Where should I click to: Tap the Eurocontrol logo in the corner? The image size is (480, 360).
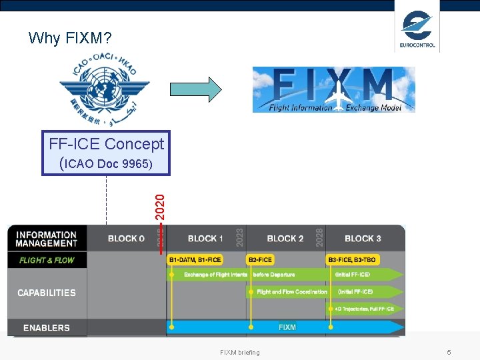[417, 29]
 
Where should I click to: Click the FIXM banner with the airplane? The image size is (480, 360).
[333, 89]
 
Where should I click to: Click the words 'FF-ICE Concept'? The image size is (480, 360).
[106, 143]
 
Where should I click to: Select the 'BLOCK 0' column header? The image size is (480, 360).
[126, 239]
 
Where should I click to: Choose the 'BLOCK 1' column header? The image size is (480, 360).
[205, 239]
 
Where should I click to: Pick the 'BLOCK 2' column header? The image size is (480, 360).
[285, 239]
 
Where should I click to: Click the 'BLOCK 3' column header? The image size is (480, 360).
[363, 239]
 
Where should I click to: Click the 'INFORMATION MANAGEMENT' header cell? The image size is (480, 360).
[46, 239]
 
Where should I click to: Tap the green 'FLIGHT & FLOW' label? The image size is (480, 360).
[47, 260]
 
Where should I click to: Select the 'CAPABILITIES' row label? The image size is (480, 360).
[47, 293]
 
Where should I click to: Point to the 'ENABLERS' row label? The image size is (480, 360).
[47, 327]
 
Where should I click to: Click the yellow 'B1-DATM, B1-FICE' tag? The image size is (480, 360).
[195, 260]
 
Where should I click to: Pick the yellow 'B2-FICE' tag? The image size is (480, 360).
[259, 260]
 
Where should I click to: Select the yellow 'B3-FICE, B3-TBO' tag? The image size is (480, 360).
[352, 260]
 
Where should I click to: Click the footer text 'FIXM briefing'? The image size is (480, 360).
[240, 352]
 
